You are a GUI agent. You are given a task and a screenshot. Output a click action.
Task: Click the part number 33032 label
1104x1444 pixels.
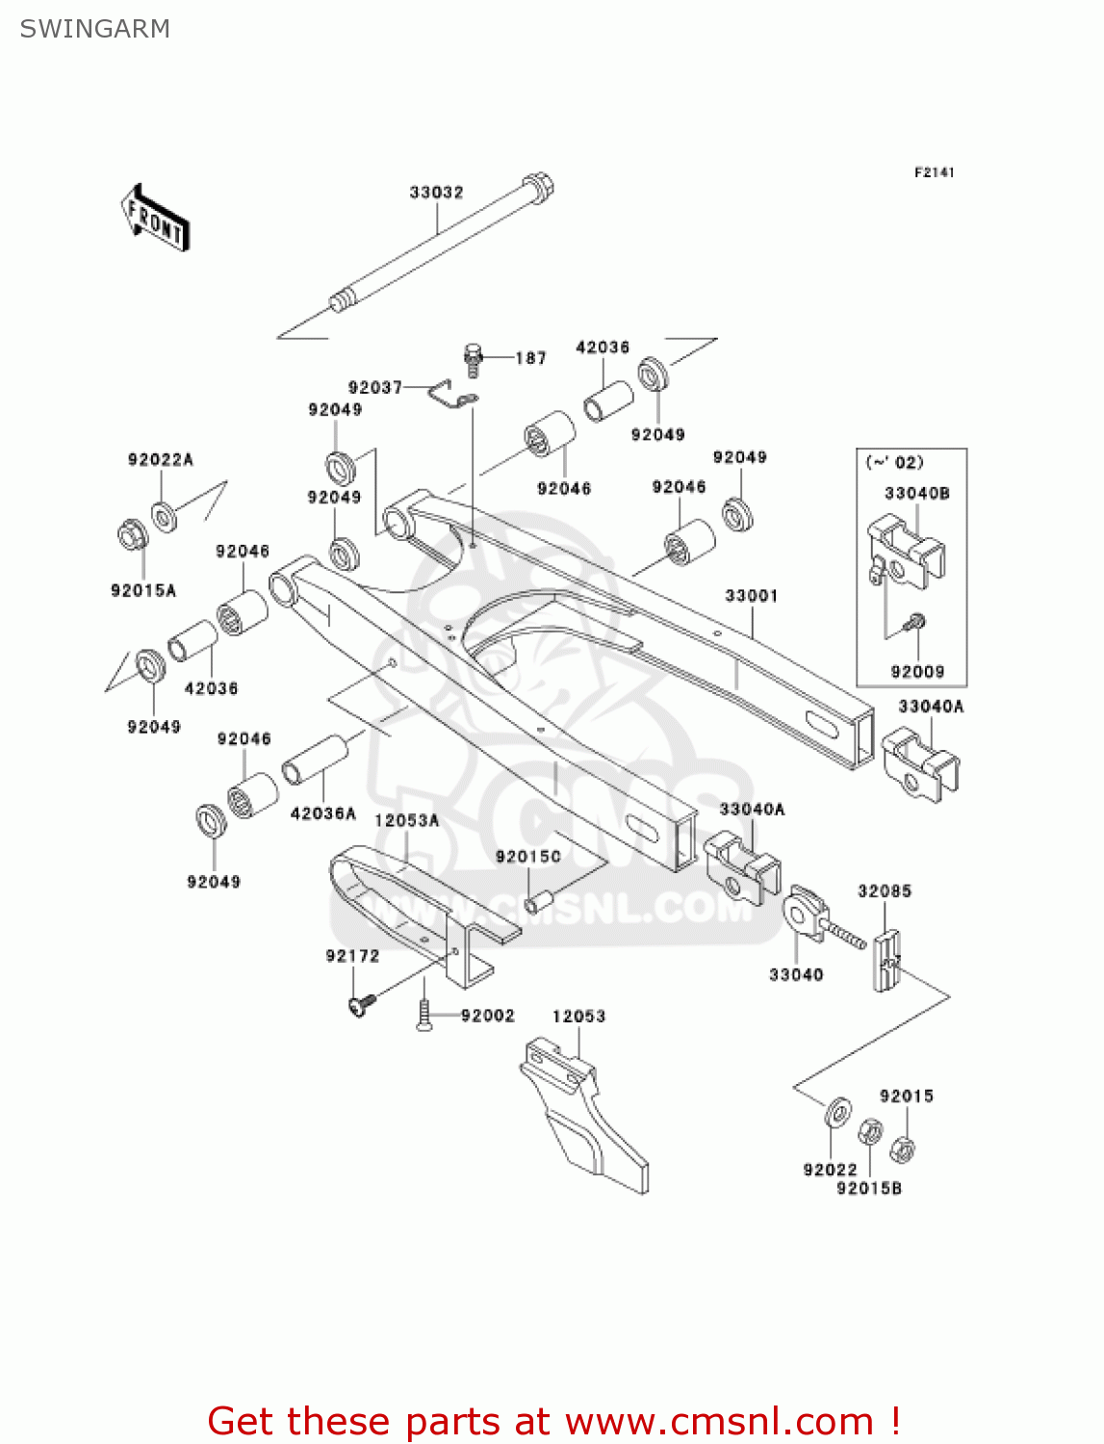pyautogui.click(x=436, y=193)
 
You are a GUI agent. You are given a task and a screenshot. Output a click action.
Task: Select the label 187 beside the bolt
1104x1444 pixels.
pyautogui.click(x=530, y=358)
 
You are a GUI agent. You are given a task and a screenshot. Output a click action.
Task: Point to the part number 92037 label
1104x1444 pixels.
pyautogui.click(x=374, y=387)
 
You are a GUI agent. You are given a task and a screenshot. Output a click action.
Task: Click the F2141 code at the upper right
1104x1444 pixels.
pyautogui.click(x=934, y=172)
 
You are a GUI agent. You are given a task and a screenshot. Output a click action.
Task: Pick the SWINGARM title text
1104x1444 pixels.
pyautogui.click(x=94, y=29)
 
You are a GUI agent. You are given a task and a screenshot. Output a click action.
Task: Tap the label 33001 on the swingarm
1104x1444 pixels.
pyautogui.click(x=751, y=596)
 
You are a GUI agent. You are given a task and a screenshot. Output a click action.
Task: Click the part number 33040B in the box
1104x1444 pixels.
pyautogui.click(x=916, y=493)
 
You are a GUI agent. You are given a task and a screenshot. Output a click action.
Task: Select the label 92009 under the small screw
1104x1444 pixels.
pyautogui.click(x=916, y=672)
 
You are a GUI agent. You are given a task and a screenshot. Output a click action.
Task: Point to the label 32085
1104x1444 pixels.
pyautogui.click(x=884, y=891)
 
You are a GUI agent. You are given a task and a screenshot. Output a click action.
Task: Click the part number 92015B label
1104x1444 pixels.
pyautogui.click(x=868, y=1188)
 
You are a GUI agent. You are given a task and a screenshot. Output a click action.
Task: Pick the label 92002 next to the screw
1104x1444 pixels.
pyautogui.click(x=487, y=1016)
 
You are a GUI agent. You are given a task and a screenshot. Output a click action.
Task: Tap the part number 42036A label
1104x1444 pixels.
pyautogui.click(x=322, y=813)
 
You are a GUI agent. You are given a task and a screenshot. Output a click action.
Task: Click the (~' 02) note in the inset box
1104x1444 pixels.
pyautogui.click(x=894, y=462)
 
